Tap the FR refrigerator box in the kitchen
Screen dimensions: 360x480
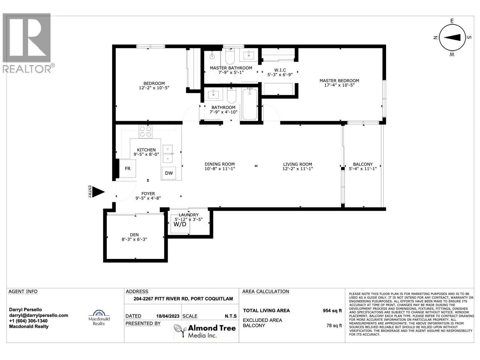pyautogui.click(x=127, y=169)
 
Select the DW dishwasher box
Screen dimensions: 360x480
pyautogui.click(x=169, y=173)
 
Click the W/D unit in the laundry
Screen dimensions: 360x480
pyautogui.click(x=180, y=224)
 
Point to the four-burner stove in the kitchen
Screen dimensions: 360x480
pyautogui.click(x=145, y=131)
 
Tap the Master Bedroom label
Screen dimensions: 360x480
pyautogui.click(x=339, y=81)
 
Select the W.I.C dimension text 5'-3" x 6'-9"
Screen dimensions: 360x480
pyautogui.click(x=280, y=75)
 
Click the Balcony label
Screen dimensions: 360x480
pyautogui.click(x=363, y=164)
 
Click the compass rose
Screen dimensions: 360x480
pyautogui.click(x=452, y=37)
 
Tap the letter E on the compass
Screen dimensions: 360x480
pyautogui.click(x=452, y=21)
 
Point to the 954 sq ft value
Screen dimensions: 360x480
pyautogui.click(x=332, y=311)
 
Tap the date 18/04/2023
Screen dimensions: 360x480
pyautogui.click(x=168, y=316)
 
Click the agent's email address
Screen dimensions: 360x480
pyautogui.click(x=39, y=315)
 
